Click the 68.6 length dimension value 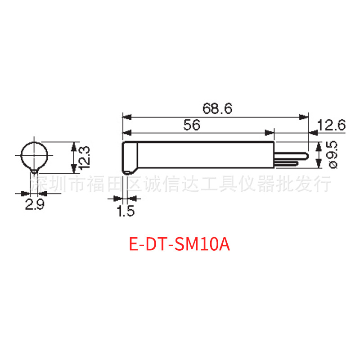tap(216, 109)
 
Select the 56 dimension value tap(192, 125)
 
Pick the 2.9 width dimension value tap(34, 205)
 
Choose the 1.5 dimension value tap(126, 211)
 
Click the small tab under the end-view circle tap(35, 171)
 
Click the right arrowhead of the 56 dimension tap(271, 132)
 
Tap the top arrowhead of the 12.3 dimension tap(73, 144)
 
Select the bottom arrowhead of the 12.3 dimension tap(73, 171)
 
